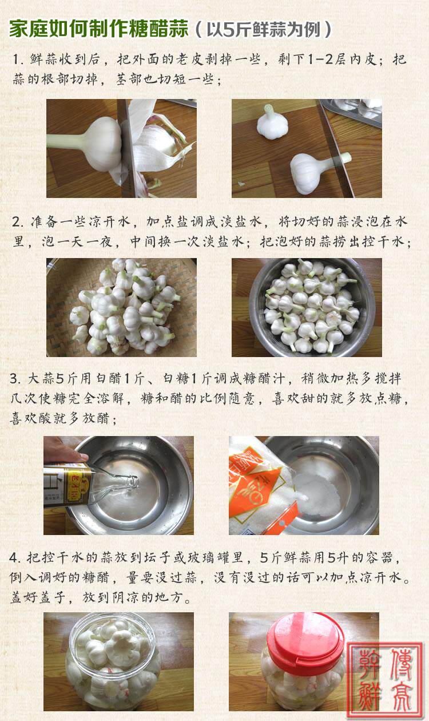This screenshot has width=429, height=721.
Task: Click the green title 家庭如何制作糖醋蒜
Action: point(98,29)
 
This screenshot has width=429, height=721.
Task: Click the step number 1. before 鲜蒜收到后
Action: point(18,60)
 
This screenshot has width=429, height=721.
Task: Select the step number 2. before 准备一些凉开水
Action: point(18,222)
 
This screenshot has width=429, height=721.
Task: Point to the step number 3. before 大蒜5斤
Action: point(15,379)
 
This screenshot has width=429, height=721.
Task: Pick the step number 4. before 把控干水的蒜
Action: point(15,558)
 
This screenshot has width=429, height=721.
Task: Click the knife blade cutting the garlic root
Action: point(127,148)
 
